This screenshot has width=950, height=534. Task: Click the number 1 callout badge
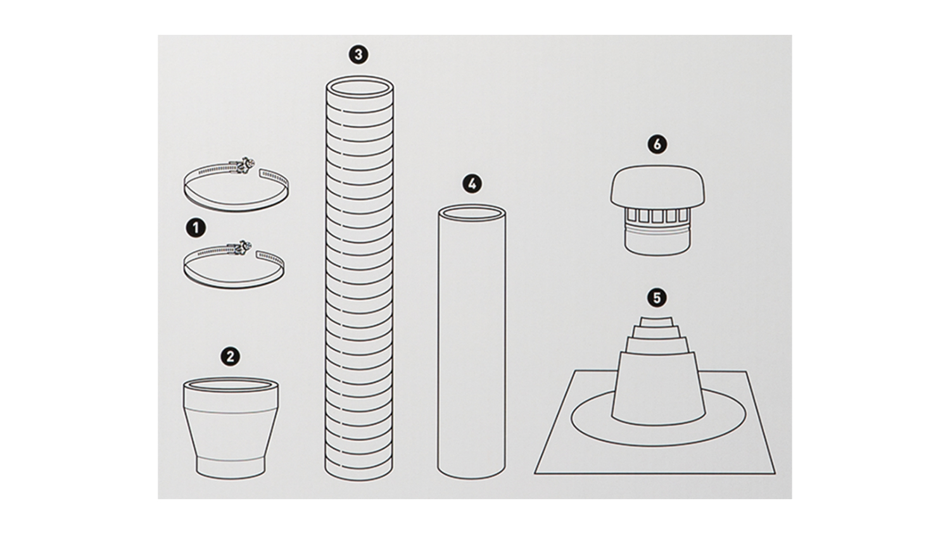(196, 228)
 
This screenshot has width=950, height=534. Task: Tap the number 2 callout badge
(231, 356)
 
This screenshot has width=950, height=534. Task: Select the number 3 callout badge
(358, 54)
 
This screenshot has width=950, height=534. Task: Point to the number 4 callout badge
(472, 184)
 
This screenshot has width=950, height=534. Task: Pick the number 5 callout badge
(657, 298)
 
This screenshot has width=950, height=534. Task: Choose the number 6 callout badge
(657, 144)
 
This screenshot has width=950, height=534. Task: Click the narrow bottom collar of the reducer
(231, 468)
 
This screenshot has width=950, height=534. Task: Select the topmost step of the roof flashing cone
(657, 321)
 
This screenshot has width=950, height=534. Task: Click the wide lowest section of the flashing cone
(658, 388)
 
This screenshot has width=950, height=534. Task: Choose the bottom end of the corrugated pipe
(359, 472)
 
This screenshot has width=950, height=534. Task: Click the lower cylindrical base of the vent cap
(657, 243)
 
